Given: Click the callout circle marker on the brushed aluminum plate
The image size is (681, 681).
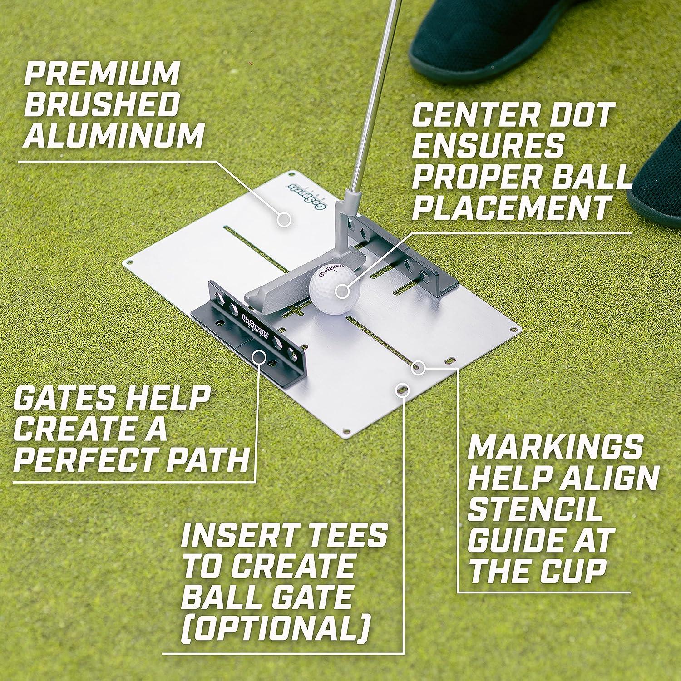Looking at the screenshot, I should pyautogui.click(x=284, y=219).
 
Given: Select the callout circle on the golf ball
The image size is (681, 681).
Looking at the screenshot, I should pyautogui.click(x=343, y=291).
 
